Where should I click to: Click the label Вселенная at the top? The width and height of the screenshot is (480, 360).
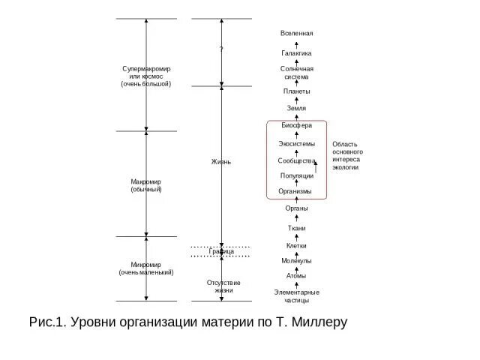[x=297, y=34]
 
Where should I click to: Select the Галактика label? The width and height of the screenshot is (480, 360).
[x=297, y=53]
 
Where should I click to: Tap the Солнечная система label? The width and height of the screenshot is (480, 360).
[x=297, y=73]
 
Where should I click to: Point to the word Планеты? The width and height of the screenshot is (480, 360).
[x=297, y=91]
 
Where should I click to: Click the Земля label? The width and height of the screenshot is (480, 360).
[x=297, y=108]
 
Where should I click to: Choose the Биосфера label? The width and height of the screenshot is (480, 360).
[x=297, y=125]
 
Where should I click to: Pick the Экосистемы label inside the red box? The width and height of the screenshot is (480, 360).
[x=297, y=143]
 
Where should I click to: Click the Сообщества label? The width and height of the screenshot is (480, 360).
[x=297, y=160]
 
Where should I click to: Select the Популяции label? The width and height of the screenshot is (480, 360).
[x=297, y=175]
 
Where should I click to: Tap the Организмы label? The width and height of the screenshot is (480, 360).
[x=295, y=191]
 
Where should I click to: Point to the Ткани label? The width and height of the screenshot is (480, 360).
[x=297, y=227]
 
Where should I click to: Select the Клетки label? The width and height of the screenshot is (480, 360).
[x=297, y=245]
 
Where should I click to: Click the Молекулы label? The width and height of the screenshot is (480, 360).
[x=297, y=260]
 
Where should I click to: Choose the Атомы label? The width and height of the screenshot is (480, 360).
[x=297, y=275]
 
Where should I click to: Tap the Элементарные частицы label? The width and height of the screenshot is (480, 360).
[x=297, y=295]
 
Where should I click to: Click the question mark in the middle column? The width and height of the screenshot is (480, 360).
[x=221, y=49]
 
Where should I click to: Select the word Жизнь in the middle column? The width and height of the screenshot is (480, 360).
[x=221, y=161]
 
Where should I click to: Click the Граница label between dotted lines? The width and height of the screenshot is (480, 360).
[x=221, y=251]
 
